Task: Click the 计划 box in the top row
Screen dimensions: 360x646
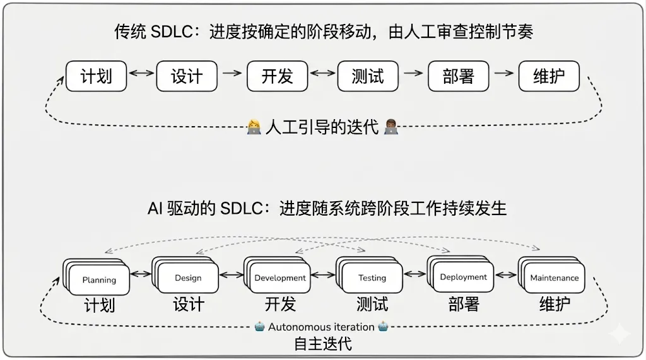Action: click(x=97, y=76)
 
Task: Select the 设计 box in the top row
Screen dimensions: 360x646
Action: click(x=187, y=76)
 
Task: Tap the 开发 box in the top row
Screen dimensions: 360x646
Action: click(x=278, y=76)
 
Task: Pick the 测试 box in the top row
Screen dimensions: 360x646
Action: click(x=368, y=76)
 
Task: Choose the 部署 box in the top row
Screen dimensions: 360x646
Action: click(x=459, y=76)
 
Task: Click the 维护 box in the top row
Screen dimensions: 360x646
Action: click(x=549, y=76)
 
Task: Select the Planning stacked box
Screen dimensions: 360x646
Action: click(x=99, y=279)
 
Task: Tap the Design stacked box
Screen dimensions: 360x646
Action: click(x=188, y=277)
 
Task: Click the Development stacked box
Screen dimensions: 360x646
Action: click(x=280, y=277)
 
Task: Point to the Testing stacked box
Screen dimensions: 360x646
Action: click(x=372, y=277)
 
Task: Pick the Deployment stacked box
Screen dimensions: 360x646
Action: click(x=464, y=277)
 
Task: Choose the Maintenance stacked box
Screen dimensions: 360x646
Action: click(x=555, y=277)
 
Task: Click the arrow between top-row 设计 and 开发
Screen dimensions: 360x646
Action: click(x=232, y=73)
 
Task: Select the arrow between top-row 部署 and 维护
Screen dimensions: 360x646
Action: click(x=503, y=73)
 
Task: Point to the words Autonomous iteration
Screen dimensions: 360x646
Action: click(x=321, y=327)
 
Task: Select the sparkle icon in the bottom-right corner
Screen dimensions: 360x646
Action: click(x=620, y=334)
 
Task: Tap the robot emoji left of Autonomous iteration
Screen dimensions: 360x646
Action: click(x=260, y=327)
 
